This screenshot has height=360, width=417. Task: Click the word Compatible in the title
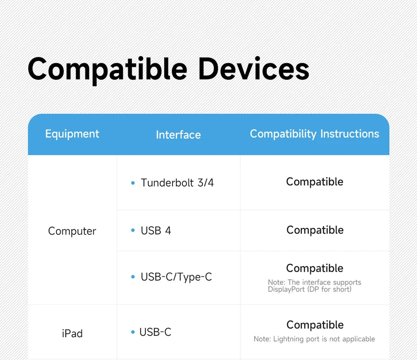(x=108, y=70)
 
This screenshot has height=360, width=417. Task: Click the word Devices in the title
(x=253, y=69)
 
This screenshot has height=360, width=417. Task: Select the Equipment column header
(x=72, y=134)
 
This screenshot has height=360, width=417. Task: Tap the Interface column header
(x=178, y=135)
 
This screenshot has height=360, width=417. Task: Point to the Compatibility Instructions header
(x=314, y=134)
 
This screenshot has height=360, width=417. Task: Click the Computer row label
(x=72, y=231)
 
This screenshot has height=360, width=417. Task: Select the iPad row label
(x=72, y=334)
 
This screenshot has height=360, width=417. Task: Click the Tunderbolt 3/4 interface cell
(x=177, y=183)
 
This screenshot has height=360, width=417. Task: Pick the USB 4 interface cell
(x=156, y=230)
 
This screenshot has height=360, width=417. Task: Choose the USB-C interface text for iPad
(x=155, y=332)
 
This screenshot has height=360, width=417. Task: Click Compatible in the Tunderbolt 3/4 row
(x=315, y=182)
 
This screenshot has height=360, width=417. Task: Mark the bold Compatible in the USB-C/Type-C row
(x=315, y=269)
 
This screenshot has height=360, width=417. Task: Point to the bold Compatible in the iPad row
(x=315, y=325)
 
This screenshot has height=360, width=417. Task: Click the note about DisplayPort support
(x=314, y=286)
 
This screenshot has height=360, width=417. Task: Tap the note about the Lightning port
(x=314, y=339)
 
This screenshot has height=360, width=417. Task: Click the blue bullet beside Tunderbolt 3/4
(x=133, y=183)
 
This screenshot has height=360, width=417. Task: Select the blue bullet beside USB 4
(x=133, y=230)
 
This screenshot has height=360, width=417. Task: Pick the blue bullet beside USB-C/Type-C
(x=133, y=277)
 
